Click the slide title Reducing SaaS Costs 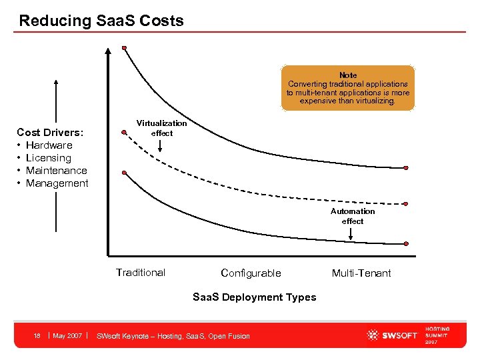(x=101, y=21)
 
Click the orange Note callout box (x=348, y=88)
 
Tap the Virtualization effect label (x=162, y=128)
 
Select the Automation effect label (x=353, y=216)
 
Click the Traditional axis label (x=141, y=272)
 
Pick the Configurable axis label (x=251, y=273)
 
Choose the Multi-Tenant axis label (x=361, y=273)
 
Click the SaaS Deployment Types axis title (x=254, y=297)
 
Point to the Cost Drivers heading (x=50, y=132)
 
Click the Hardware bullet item (x=49, y=145)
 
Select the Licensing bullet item (x=48, y=157)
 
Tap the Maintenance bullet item (x=56, y=170)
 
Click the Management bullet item (x=57, y=183)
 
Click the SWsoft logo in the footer (x=392, y=335)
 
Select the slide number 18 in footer (x=37, y=335)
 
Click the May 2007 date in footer (x=67, y=335)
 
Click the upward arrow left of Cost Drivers (x=56, y=100)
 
